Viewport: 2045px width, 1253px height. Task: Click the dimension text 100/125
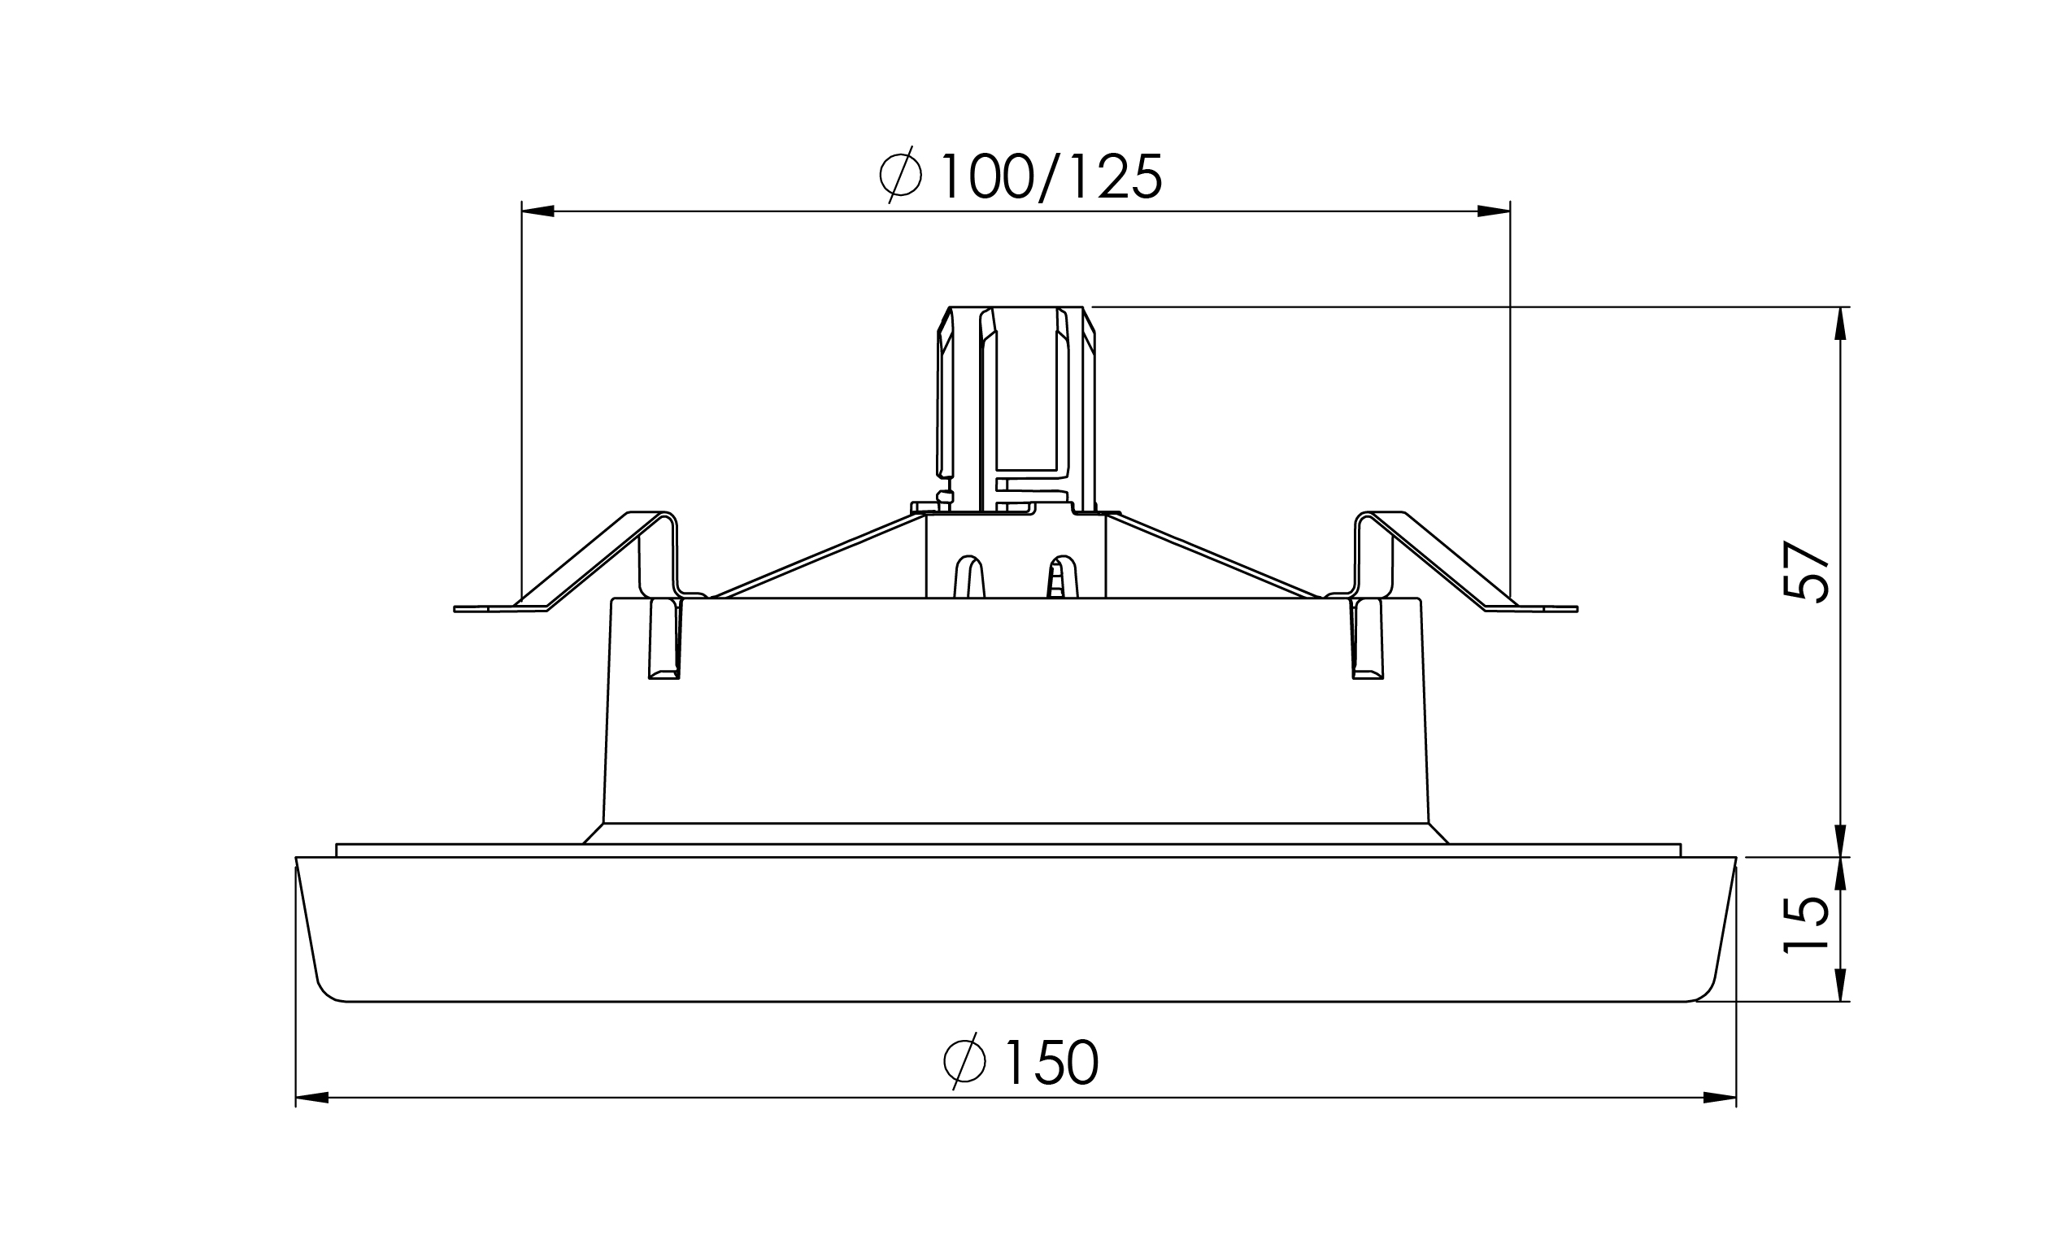1051,176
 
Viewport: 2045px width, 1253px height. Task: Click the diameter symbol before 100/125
900,175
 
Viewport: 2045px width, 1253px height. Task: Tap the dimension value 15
1806,925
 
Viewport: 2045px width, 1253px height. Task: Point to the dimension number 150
1052,1062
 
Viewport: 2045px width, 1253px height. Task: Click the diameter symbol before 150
964,1060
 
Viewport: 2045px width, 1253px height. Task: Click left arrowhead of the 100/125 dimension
537,211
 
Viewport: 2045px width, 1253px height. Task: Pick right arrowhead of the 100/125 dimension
1493,211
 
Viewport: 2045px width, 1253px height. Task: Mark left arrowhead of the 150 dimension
312,1098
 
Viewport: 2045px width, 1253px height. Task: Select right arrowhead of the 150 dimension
1720,1098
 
